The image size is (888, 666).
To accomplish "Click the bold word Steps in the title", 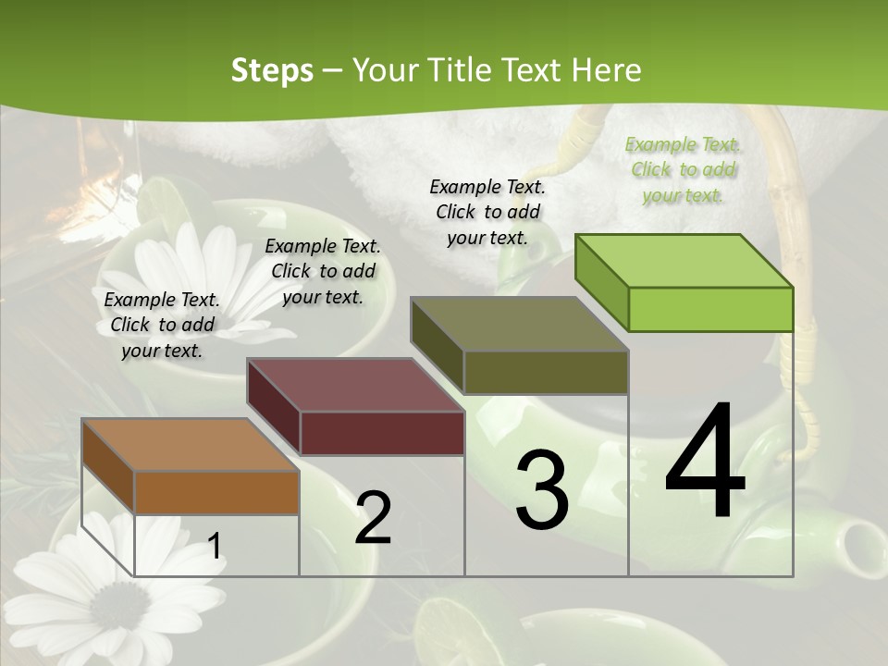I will pos(272,70).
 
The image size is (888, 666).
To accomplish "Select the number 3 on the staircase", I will pos(541,490).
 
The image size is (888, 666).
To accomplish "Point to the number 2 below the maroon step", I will pos(373,518).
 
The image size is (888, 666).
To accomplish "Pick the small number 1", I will pos(214,547).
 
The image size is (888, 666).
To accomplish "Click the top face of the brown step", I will pos(190,445).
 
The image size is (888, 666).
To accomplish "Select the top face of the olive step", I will pos(519,325).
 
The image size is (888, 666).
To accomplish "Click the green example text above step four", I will pos(683,169).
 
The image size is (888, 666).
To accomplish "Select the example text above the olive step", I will pos(487,212).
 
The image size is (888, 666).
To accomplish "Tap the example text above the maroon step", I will pos(323,271).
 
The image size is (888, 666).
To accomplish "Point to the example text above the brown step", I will pos(162,325).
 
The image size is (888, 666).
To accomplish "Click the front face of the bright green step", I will pos(710,309).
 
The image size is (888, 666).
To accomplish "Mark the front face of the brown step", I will pos(216,493).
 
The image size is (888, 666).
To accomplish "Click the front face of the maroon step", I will pos(382,433).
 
